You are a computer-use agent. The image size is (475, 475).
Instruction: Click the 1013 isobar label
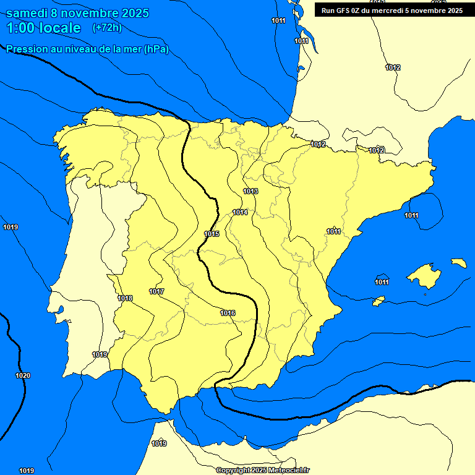click(250, 192)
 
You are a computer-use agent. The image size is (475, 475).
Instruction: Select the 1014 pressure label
click(240, 213)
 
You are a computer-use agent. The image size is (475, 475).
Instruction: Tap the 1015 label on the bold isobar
click(212, 234)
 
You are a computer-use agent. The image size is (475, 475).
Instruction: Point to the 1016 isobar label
click(228, 313)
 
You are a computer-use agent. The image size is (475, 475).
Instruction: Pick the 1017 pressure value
click(156, 291)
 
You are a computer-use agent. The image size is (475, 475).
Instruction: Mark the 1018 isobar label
click(125, 298)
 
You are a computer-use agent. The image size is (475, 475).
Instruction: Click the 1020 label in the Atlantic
click(23, 375)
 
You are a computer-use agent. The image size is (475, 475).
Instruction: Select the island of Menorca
click(458, 263)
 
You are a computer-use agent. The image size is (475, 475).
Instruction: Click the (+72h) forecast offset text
click(107, 28)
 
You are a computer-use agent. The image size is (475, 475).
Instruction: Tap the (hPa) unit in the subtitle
click(156, 49)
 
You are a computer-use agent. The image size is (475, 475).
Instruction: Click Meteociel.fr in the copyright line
click(288, 471)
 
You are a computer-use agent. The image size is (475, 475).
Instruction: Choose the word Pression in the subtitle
click(25, 49)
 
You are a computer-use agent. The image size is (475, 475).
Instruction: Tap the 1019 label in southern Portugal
click(100, 354)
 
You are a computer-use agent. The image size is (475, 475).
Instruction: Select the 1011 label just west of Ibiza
click(382, 283)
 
